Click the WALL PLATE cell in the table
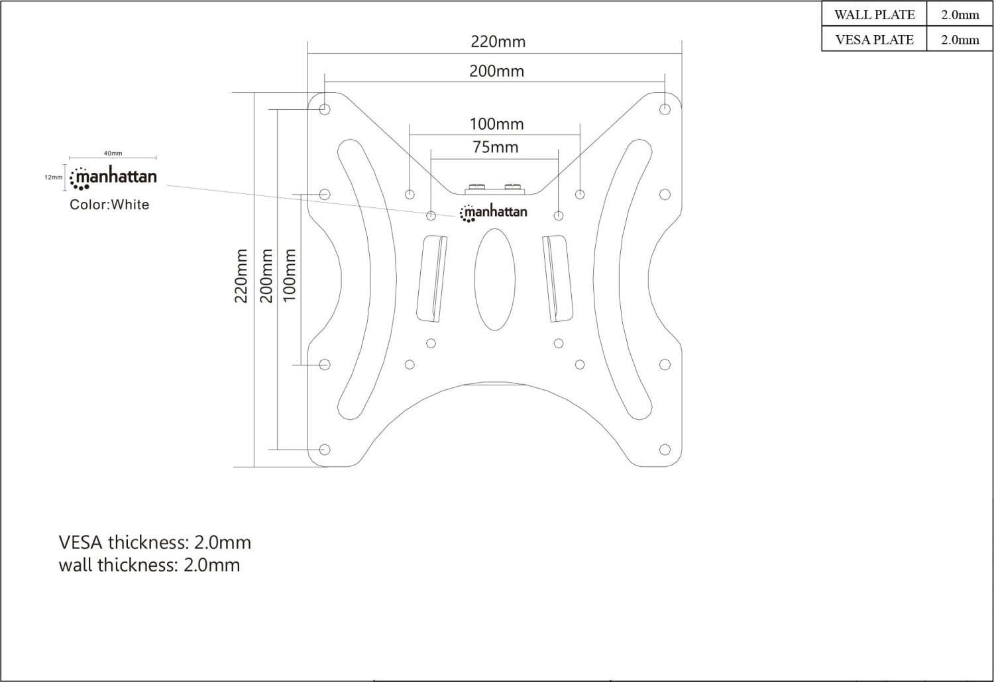[x=874, y=15]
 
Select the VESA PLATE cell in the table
[x=874, y=40]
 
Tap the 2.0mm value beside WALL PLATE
[x=960, y=15]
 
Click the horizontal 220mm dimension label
[x=498, y=42]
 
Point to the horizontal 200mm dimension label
[x=496, y=71]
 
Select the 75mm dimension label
[x=495, y=147]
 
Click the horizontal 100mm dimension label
[x=496, y=124]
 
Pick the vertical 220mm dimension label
[x=241, y=275]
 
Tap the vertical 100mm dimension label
[x=289, y=275]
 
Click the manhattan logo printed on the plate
[x=494, y=213]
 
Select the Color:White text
[x=109, y=205]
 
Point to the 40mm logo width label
[x=113, y=154]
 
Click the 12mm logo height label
[x=54, y=177]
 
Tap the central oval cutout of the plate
[x=495, y=279]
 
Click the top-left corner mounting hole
[x=325, y=109]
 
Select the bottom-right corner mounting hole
[x=665, y=449]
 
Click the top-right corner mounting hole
[x=665, y=109]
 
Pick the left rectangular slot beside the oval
[x=432, y=279]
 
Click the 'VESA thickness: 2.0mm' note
[x=155, y=542]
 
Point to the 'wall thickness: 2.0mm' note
[x=149, y=565]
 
